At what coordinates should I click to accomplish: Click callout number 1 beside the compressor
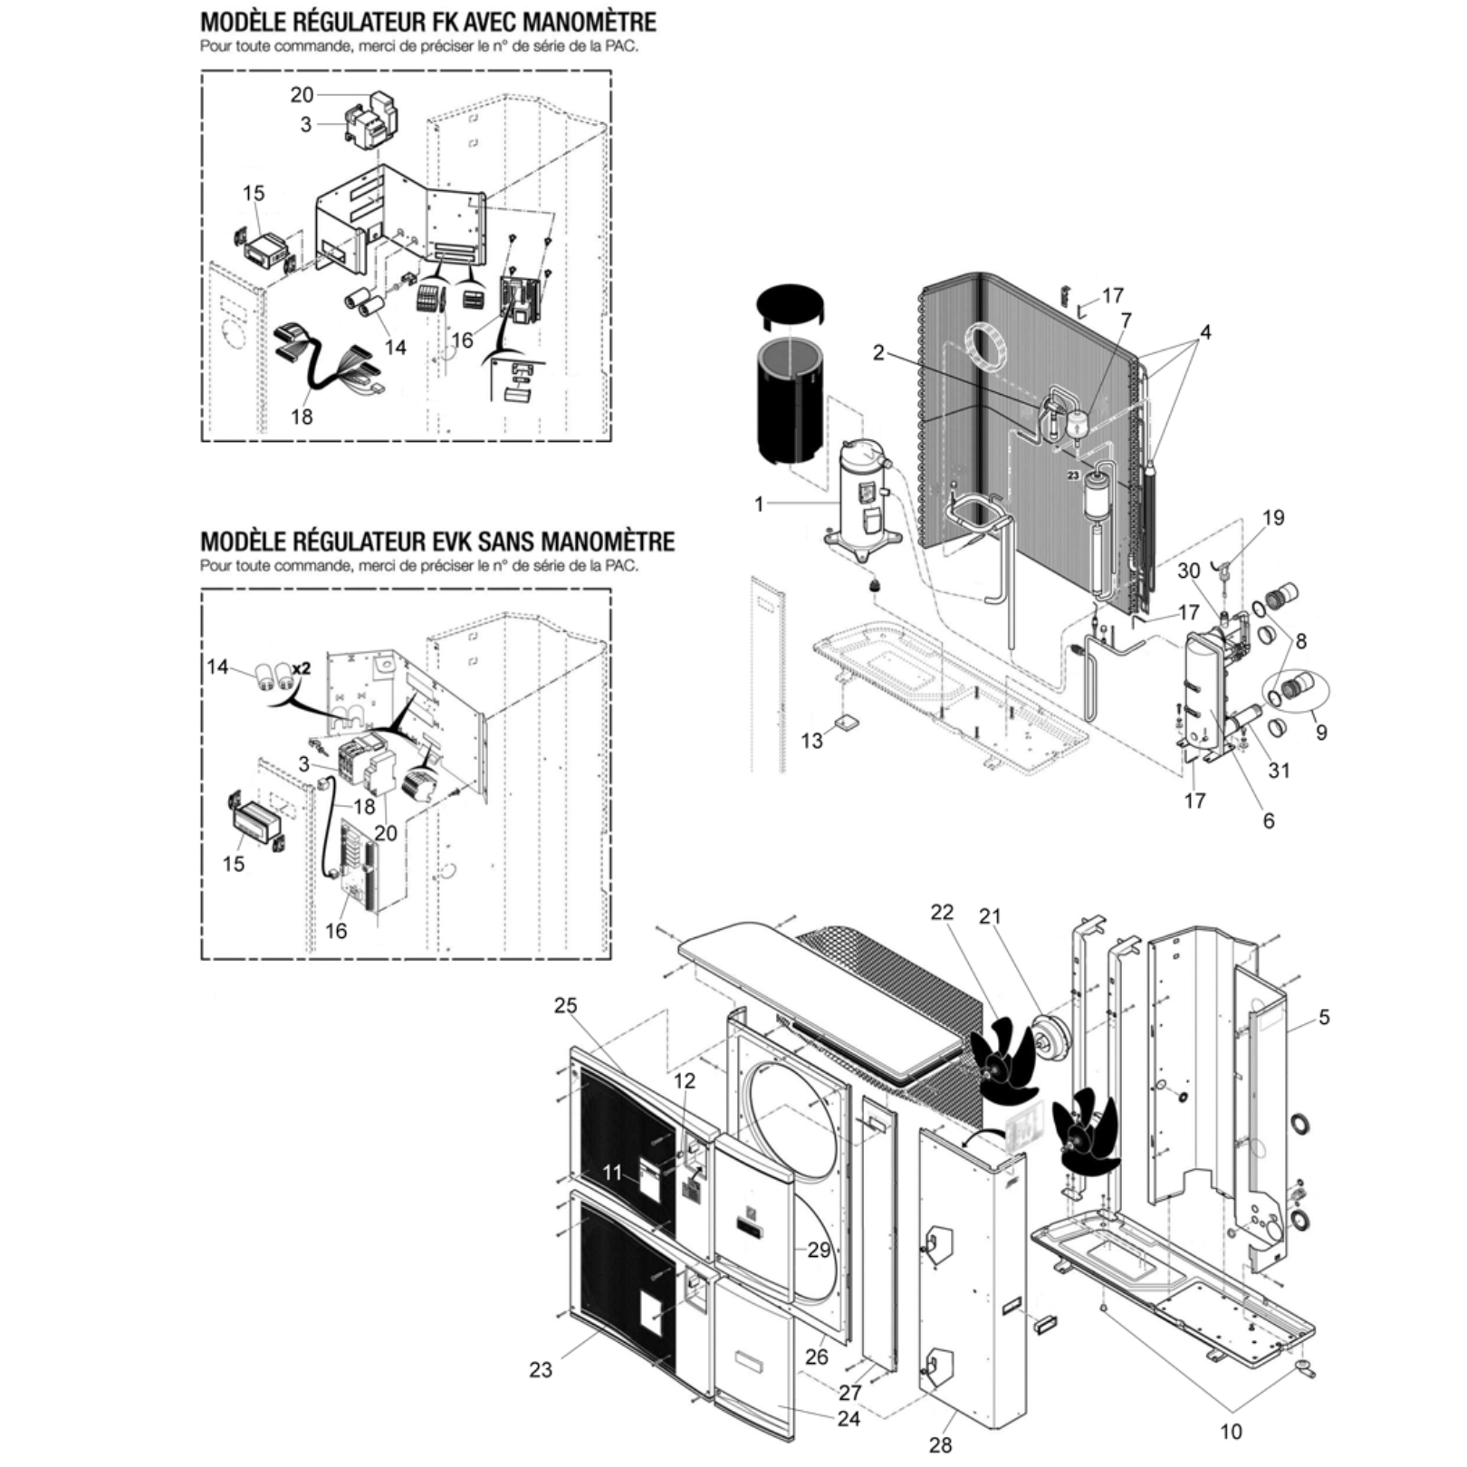[759, 503]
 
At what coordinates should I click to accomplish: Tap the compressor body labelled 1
[860, 494]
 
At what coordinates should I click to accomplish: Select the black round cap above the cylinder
[791, 312]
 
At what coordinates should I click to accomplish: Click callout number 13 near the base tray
[811, 741]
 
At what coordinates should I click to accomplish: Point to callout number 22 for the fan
[942, 912]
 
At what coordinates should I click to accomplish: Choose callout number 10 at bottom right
[1231, 1432]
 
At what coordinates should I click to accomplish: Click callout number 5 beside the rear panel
[1324, 1018]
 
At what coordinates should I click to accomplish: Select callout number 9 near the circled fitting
[1321, 731]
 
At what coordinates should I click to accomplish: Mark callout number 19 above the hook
[1273, 518]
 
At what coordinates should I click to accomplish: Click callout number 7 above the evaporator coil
[1126, 321]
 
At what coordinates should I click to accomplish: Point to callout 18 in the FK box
[302, 416]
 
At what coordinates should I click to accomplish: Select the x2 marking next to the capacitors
[301, 668]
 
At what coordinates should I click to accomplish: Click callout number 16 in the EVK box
[336, 931]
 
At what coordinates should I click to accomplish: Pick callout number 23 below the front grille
[541, 1370]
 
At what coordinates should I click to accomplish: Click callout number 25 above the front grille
[566, 1006]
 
